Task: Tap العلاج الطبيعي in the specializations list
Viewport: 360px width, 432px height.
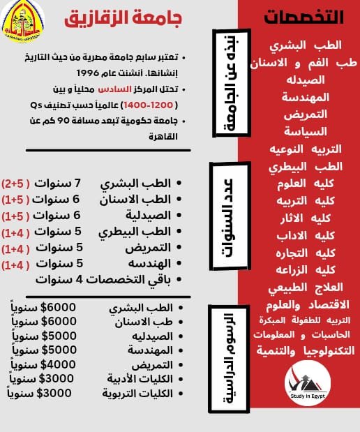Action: point(306,287)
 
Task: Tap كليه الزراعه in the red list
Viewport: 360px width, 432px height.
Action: point(306,269)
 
